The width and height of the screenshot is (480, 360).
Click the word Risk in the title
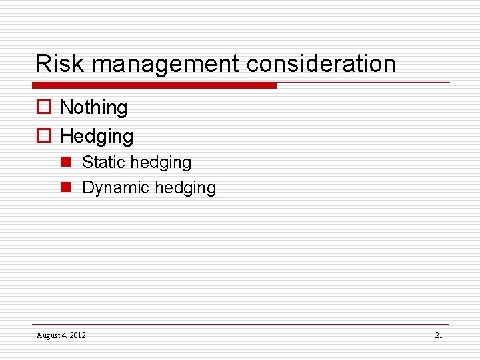click(61, 64)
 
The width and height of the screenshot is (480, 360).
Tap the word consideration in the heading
click(321, 64)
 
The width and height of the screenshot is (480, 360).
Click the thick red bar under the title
click(154, 85)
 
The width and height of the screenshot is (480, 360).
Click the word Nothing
click(93, 107)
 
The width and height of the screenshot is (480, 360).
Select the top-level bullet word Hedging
click(97, 137)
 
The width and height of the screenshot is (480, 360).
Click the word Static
click(103, 163)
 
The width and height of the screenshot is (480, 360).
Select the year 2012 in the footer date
click(76, 335)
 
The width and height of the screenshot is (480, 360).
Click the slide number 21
click(438, 335)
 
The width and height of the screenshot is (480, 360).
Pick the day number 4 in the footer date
click(63, 335)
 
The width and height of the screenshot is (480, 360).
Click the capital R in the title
click(41, 64)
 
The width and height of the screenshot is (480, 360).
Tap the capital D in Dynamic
click(87, 188)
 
